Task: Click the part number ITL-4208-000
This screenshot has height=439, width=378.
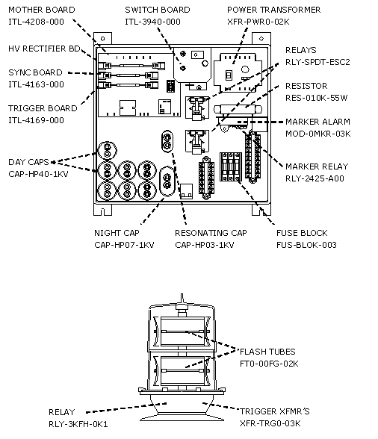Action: pos(36,22)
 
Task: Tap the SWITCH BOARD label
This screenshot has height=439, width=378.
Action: pos(158,10)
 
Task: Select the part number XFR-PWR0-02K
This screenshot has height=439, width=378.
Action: pos(258,22)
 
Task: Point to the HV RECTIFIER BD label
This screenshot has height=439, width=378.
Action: pos(44,49)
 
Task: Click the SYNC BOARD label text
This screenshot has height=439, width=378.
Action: pos(35,72)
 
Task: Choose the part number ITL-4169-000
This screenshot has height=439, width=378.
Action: pos(36,120)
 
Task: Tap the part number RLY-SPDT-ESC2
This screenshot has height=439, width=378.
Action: pos(317,62)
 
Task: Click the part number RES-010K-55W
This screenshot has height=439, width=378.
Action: pos(316,98)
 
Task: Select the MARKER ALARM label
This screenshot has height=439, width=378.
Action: pos(317,122)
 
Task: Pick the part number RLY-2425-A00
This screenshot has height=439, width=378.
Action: pos(315,178)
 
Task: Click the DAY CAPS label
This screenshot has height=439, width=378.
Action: pos(28,162)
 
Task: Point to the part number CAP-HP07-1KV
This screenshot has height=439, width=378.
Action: pos(124,245)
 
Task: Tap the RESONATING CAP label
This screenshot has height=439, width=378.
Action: pos(211,233)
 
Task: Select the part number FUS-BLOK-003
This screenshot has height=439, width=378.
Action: pos(306,245)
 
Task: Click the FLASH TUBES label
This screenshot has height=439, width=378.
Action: pos(267,352)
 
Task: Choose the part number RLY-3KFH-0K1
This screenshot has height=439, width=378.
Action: pos(78,424)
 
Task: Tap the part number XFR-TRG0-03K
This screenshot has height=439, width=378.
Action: pos(270,423)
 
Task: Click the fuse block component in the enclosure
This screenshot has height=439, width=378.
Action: pos(231,166)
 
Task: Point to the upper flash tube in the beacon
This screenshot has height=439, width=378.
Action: pos(182,331)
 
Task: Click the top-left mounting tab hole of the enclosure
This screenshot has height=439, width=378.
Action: pos(103,39)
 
